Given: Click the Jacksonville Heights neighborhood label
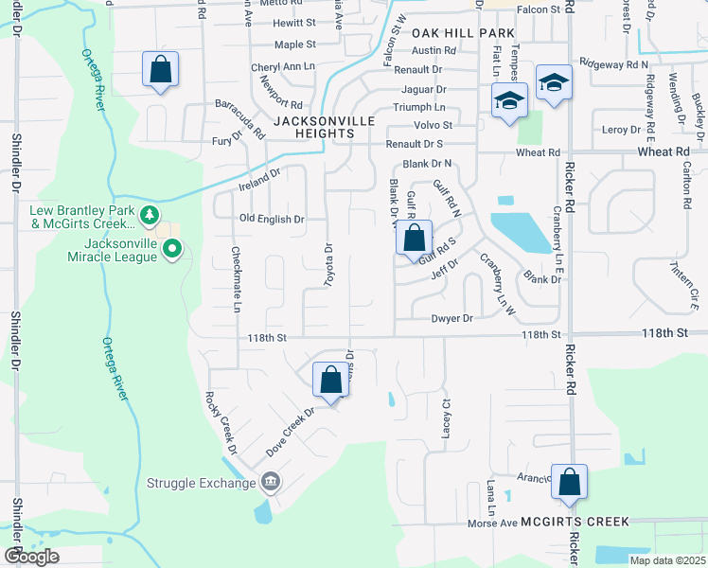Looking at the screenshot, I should point(325,128).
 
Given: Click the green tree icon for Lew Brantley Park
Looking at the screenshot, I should point(150,216).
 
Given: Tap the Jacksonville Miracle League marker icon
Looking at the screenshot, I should point(172,250).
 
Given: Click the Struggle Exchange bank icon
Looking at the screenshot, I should point(272,483).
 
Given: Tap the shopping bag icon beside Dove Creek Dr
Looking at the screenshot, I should point(330,381).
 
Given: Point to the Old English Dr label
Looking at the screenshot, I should point(272,219).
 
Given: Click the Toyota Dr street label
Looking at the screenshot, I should point(328,265).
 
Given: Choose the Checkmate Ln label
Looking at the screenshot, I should point(236,280).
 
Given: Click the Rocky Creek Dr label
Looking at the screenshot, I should point(219,422).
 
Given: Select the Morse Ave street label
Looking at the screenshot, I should point(493,523).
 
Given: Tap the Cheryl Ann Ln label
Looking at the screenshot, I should point(282,67).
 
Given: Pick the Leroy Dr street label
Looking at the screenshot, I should point(622,129).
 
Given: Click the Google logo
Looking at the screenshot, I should point(31,557).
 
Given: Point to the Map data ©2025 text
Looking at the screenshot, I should point(666,560).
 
